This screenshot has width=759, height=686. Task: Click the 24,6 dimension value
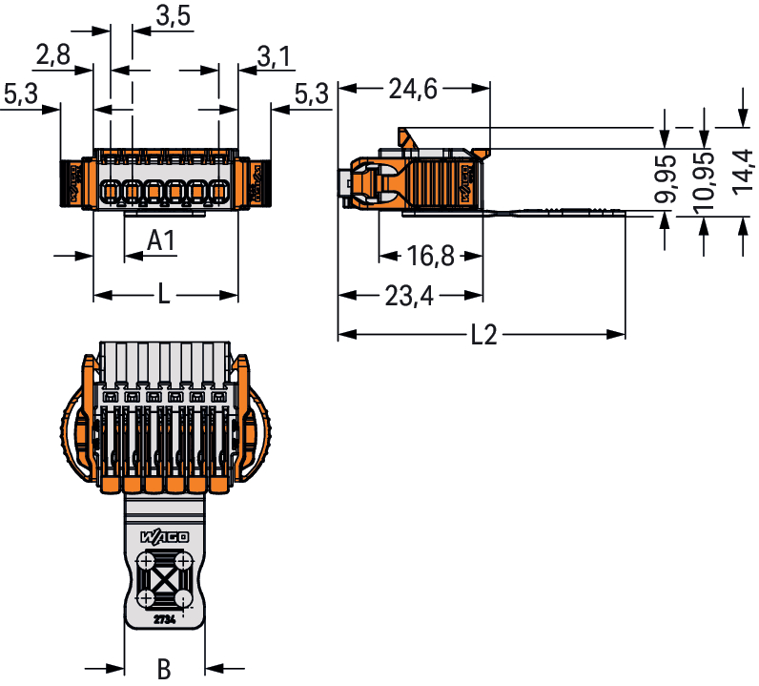[413, 90]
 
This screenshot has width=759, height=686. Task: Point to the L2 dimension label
[484, 336]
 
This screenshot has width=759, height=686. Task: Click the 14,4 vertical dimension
[743, 172]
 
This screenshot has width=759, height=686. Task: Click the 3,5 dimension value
[173, 16]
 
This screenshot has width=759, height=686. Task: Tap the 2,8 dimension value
[52, 54]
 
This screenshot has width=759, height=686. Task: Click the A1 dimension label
[161, 242]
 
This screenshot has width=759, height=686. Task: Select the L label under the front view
[164, 296]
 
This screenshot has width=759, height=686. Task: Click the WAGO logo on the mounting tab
[164, 536]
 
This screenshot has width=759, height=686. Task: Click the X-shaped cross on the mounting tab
[164, 579]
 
